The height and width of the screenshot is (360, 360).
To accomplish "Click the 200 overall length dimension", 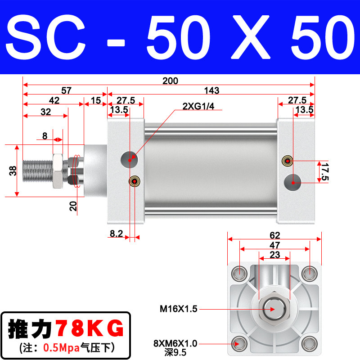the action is (170, 81).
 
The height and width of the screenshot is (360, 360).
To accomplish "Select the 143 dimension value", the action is (211, 90).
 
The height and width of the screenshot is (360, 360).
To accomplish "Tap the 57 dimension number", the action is (66, 90).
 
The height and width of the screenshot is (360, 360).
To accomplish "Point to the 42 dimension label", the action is (54, 100).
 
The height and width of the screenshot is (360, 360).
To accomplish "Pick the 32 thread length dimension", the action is (46, 112).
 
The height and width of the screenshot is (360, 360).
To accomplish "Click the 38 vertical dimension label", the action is (13, 171).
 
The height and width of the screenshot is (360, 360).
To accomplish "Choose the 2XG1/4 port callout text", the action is (198, 106).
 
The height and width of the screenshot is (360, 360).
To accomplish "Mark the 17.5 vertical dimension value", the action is (325, 172).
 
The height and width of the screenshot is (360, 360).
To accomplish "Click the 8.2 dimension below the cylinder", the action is (116, 234).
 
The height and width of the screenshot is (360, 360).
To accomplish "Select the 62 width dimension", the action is (274, 235).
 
